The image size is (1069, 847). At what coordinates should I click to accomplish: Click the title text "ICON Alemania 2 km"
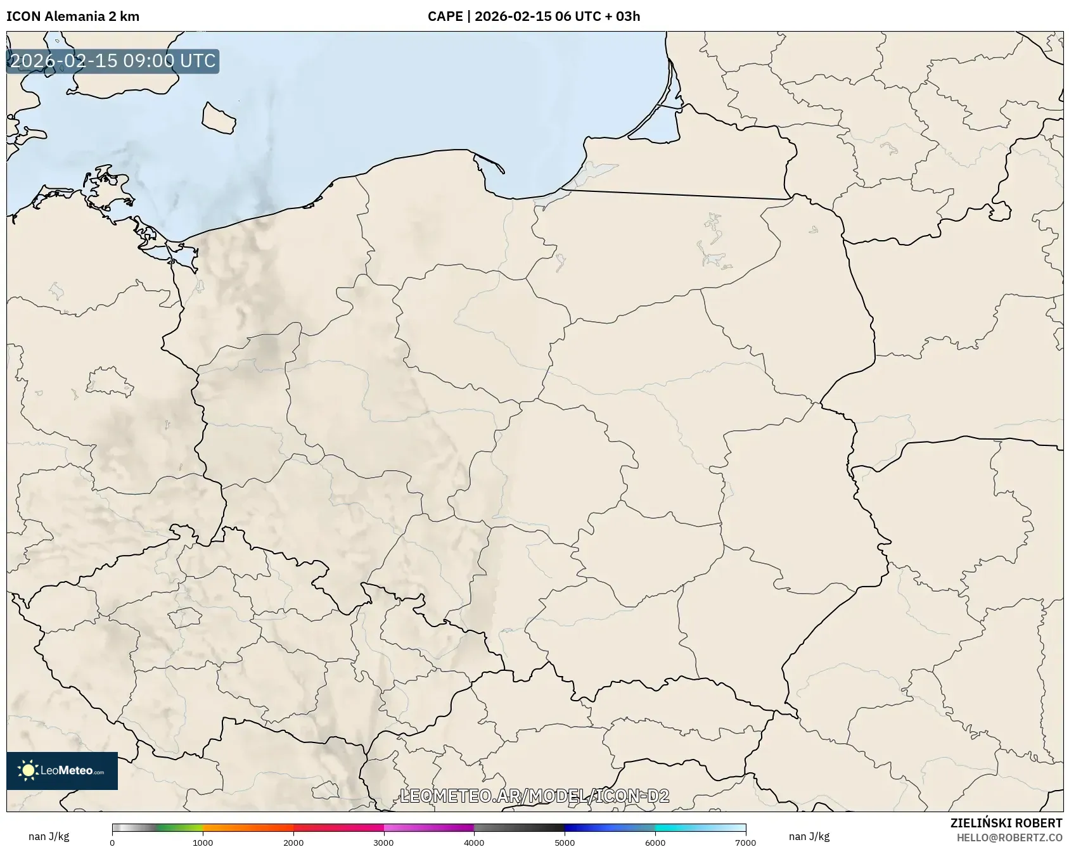[x=73, y=16]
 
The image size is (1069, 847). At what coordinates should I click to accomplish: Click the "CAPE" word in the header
[x=445, y=16]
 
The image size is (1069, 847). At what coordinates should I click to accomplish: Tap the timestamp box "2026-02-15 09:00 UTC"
[x=113, y=61]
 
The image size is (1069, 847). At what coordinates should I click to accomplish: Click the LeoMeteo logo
[x=62, y=770]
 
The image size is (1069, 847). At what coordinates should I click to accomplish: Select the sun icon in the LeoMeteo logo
[x=28, y=770]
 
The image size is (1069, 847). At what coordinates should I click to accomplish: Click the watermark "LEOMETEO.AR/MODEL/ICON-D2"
[x=534, y=796]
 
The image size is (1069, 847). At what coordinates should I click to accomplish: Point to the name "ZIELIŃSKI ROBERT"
[x=1006, y=823]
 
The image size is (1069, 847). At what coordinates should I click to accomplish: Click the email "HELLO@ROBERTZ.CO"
[x=1009, y=837]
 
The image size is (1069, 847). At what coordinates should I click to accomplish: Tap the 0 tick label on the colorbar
[x=112, y=843]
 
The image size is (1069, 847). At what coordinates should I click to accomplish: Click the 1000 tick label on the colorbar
[x=203, y=843]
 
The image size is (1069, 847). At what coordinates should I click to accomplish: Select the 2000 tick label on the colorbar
[x=293, y=843]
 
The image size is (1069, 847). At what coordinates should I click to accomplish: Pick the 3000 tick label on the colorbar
[x=383, y=843]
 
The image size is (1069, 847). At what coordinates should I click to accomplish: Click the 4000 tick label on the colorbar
[x=474, y=843]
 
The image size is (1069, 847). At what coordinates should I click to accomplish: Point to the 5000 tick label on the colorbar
[x=565, y=843]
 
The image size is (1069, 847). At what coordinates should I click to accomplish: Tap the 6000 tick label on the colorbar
[x=655, y=843]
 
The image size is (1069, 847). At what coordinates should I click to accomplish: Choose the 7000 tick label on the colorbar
[x=745, y=843]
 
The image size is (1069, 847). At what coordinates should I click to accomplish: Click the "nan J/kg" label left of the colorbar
[x=49, y=836]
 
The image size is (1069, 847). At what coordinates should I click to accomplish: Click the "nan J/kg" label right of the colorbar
[x=809, y=836]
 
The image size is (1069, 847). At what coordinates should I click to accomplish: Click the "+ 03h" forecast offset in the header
[x=622, y=16]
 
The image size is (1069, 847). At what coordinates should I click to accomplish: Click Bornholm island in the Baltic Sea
[x=218, y=118]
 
